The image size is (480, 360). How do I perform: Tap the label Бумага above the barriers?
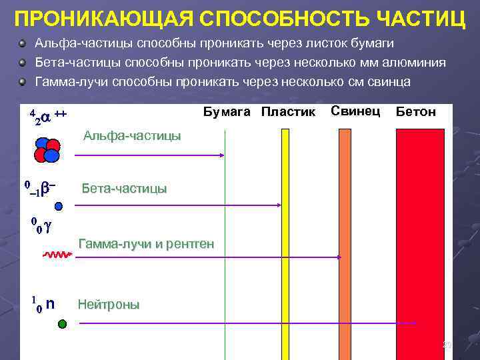point(227,112)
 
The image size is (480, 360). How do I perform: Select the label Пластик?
point(288,112)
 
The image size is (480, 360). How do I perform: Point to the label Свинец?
point(355,111)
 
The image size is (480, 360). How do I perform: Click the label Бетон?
point(416,112)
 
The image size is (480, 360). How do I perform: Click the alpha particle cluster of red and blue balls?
point(47,150)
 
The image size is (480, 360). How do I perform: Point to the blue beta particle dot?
point(59,207)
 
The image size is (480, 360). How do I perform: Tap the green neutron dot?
point(62,324)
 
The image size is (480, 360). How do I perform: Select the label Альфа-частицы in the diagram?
point(131,136)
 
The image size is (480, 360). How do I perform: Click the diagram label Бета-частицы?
point(124,189)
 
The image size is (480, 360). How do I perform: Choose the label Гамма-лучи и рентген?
point(146,244)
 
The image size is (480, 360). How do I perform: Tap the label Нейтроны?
point(109,305)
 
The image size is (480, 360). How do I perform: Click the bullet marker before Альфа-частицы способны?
point(23,44)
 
